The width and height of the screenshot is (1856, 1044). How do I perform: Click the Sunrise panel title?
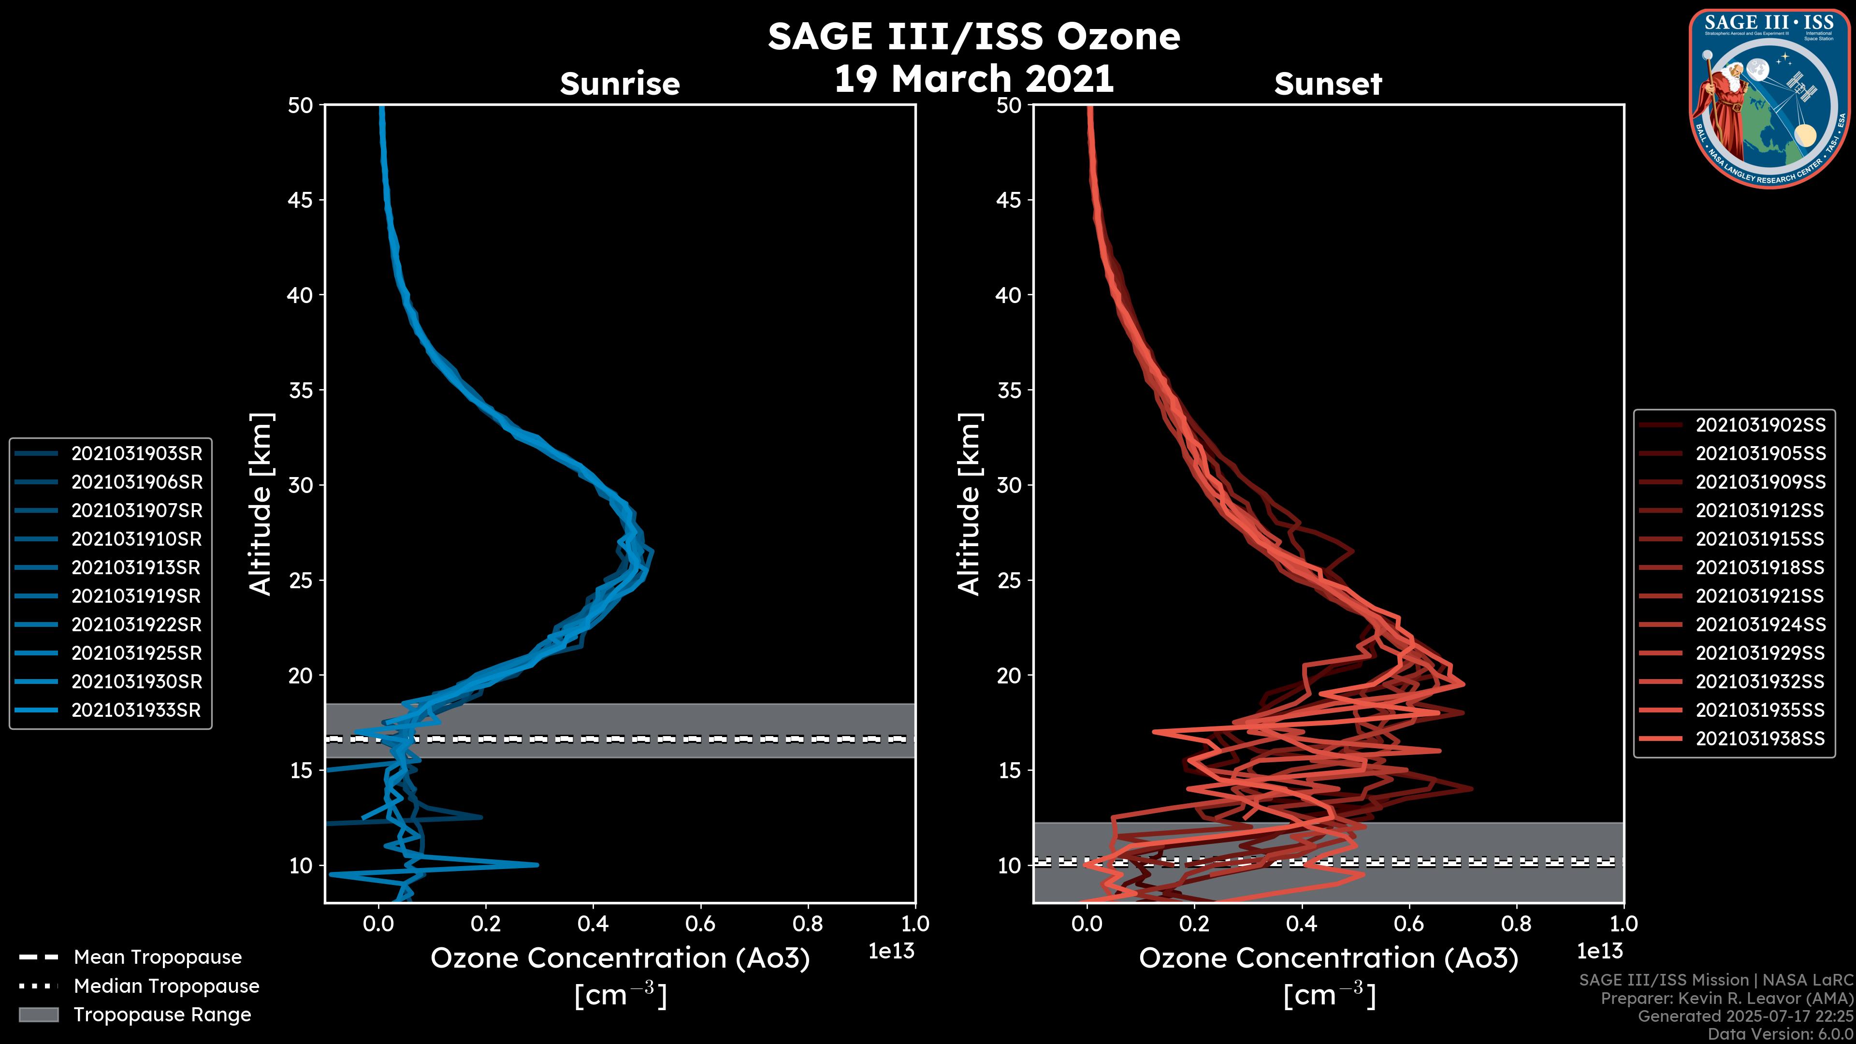pyautogui.click(x=620, y=84)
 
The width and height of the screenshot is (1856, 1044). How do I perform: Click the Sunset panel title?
pyautogui.click(x=1328, y=84)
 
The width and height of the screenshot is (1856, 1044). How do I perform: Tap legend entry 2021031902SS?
pyautogui.click(x=1760, y=425)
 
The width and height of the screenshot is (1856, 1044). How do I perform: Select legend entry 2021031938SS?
pyautogui.click(x=1760, y=739)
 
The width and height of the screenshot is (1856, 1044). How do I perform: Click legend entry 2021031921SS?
pyautogui.click(x=1760, y=596)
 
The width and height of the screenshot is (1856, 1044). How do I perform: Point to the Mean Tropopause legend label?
pyautogui.click(x=158, y=957)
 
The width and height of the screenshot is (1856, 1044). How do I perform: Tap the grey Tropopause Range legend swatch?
pyautogui.click(x=38, y=1015)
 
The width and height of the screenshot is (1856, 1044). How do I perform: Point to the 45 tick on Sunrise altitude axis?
pyautogui.click(x=301, y=200)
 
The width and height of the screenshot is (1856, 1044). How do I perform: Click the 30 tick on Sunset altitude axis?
pyautogui.click(x=1009, y=485)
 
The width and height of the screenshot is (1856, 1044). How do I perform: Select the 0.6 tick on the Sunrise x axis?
pyautogui.click(x=700, y=924)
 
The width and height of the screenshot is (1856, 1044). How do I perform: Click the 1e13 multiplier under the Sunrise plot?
pyautogui.click(x=891, y=951)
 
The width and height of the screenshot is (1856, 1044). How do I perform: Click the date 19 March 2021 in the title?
pyautogui.click(x=973, y=78)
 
